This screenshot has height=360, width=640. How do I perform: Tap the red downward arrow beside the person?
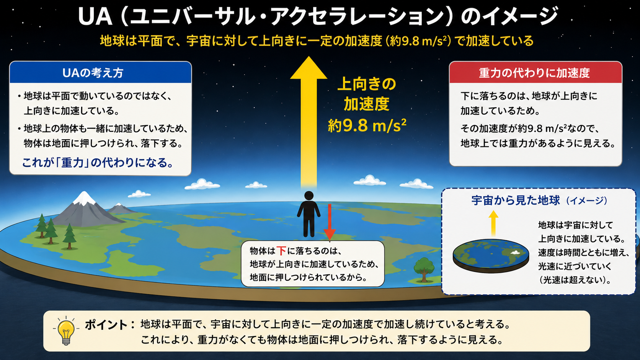330,222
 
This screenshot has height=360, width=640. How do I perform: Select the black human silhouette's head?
309,196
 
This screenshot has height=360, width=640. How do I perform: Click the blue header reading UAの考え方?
100,73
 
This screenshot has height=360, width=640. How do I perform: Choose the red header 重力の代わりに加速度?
536,73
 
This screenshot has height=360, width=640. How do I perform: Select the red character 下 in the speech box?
281,251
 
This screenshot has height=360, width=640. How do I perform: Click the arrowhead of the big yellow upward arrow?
309,68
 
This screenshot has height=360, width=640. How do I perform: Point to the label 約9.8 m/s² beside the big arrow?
367,125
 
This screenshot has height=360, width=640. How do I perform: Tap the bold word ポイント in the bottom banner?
106,325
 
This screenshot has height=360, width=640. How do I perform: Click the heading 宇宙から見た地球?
516,200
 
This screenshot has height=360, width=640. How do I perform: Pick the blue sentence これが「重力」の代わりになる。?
98,163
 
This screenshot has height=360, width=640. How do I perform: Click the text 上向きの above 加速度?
367,84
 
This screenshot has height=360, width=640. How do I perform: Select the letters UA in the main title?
95,16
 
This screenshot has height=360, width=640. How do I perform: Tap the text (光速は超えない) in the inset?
575,280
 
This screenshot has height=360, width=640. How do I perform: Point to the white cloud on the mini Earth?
516,252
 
